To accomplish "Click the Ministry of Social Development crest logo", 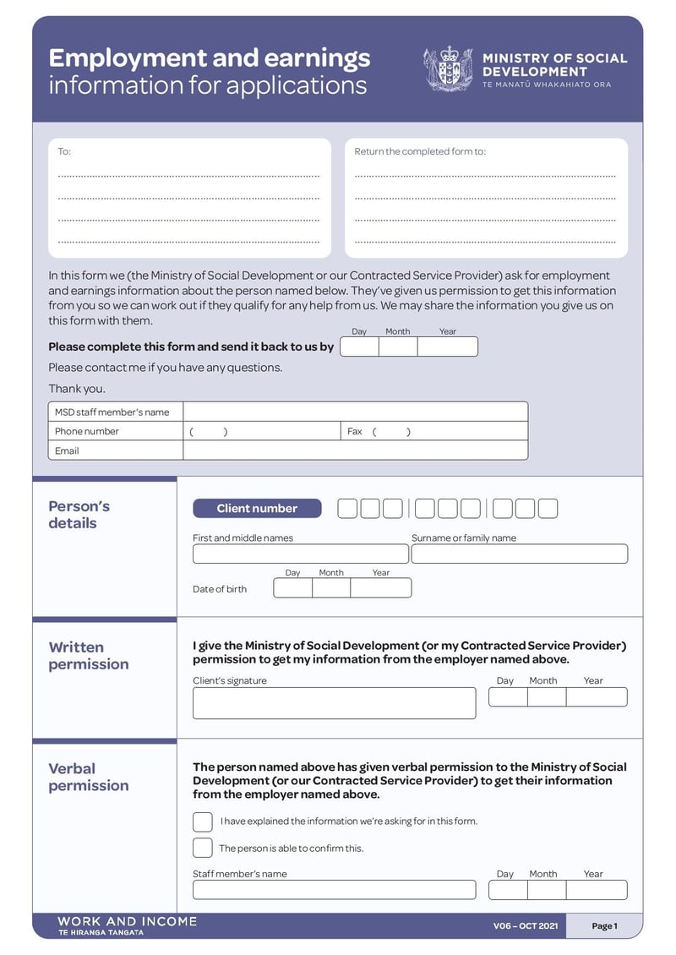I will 448,69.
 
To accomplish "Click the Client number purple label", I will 257,508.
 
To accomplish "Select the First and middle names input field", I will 300,554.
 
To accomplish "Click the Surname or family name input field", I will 519,554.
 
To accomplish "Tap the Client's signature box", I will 334,703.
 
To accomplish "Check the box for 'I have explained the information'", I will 203,821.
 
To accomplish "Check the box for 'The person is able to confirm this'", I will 203,848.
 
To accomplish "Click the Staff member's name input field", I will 334,890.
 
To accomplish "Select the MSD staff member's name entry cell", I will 355,412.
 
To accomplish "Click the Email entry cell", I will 355,450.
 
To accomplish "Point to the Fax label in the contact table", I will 355,431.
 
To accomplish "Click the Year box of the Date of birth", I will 380,588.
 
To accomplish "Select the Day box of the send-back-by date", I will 359,347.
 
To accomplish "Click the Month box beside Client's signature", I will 547,697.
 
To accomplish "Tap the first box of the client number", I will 347,508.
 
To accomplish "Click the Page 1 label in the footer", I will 604,926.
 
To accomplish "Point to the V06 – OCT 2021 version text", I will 526,926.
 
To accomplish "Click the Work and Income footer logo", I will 127,925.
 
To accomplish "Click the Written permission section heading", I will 89,656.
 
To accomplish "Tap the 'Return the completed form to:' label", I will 420,152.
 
